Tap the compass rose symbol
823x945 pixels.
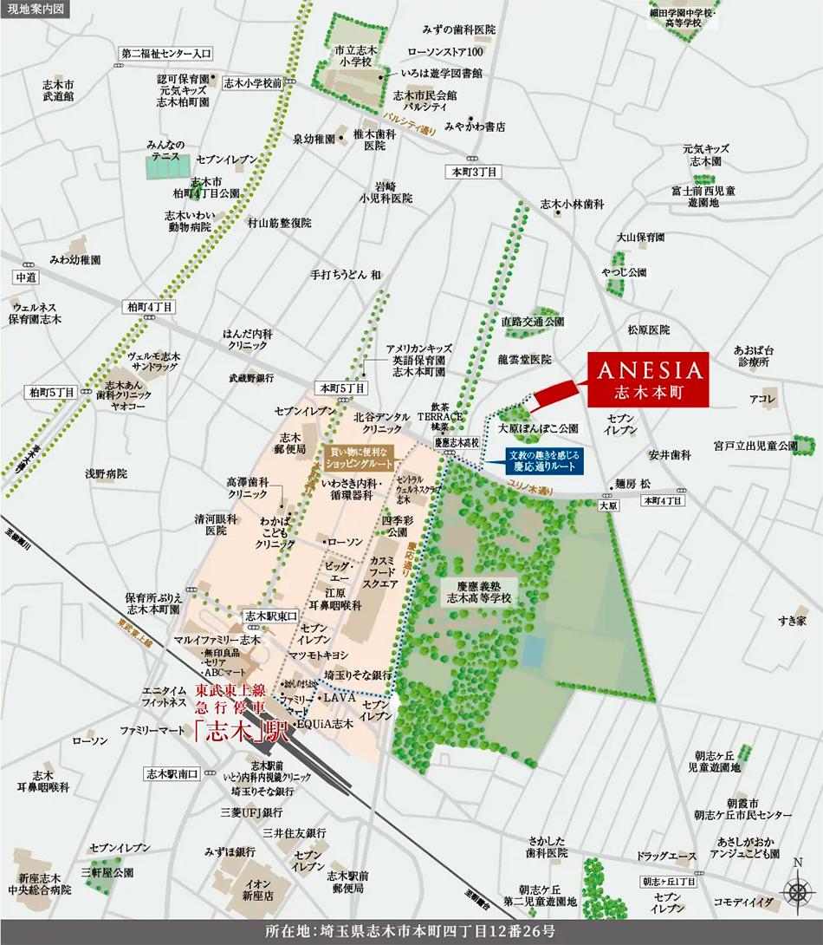pyautogui.click(x=797, y=890)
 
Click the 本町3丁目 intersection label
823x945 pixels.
pyautogui.click(x=471, y=173)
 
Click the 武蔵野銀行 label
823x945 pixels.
pyautogui.click(x=251, y=378)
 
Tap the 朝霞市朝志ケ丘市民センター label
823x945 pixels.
pyautogui.click(x=742, y=809)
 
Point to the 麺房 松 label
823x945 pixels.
pyautogui.click(x=632, y=484)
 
